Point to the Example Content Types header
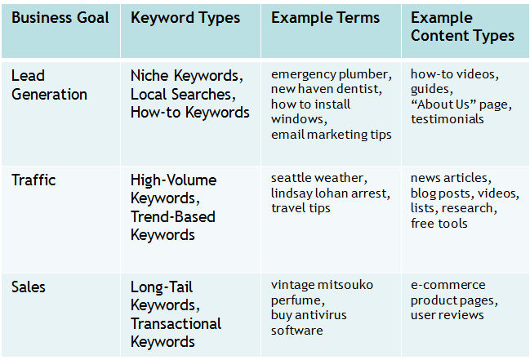click(462, 27)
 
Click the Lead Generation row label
click(49, 85)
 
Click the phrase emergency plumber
click(331, 74)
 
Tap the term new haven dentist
click(325, 89)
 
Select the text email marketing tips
click(331, 134)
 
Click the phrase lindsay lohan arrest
click(330, 193)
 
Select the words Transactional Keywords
click(176, 332)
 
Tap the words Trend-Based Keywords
click(172, 225)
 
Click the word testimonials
click(447, 119)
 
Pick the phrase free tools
click(439, 223)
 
